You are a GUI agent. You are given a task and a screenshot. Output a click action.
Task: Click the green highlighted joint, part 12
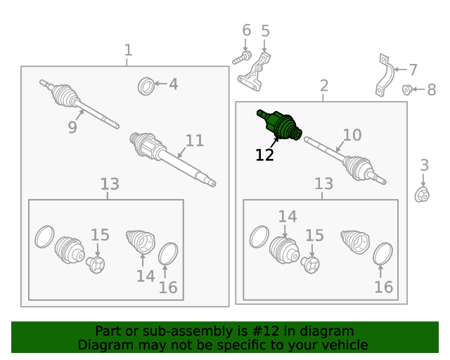[x=280, y=125]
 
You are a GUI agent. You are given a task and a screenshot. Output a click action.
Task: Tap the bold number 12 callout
[x=264, y=155]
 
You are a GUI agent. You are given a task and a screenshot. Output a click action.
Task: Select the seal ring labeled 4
[x=146, y=86]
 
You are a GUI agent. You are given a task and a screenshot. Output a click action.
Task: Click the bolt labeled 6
[x=242, y=58]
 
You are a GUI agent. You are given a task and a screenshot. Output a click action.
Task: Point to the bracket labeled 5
[x=254, y=74]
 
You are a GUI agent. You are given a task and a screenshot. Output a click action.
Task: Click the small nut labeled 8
[x=406, y=89]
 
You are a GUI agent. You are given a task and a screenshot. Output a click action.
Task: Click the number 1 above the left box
[x=128, y=50]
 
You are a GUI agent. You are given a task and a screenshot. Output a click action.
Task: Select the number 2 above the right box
[x=324, y=86]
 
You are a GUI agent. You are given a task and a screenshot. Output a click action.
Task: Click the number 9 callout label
[x=72, y=127]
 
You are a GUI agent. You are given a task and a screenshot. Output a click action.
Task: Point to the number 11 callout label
[x=195, y=141]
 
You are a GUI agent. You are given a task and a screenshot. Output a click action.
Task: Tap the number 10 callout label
[x=352, y=135]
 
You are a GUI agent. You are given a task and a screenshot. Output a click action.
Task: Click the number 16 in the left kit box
[x=168, y=288]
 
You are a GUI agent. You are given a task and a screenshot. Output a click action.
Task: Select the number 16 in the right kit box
[x=383, y=287]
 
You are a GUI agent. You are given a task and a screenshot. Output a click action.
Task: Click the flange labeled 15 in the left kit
[x=96, y=265]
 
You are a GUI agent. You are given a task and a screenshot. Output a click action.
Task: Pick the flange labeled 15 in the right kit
[x=310, y=265]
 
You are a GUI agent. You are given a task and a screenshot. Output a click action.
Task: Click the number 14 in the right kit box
[x=288, y=217]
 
